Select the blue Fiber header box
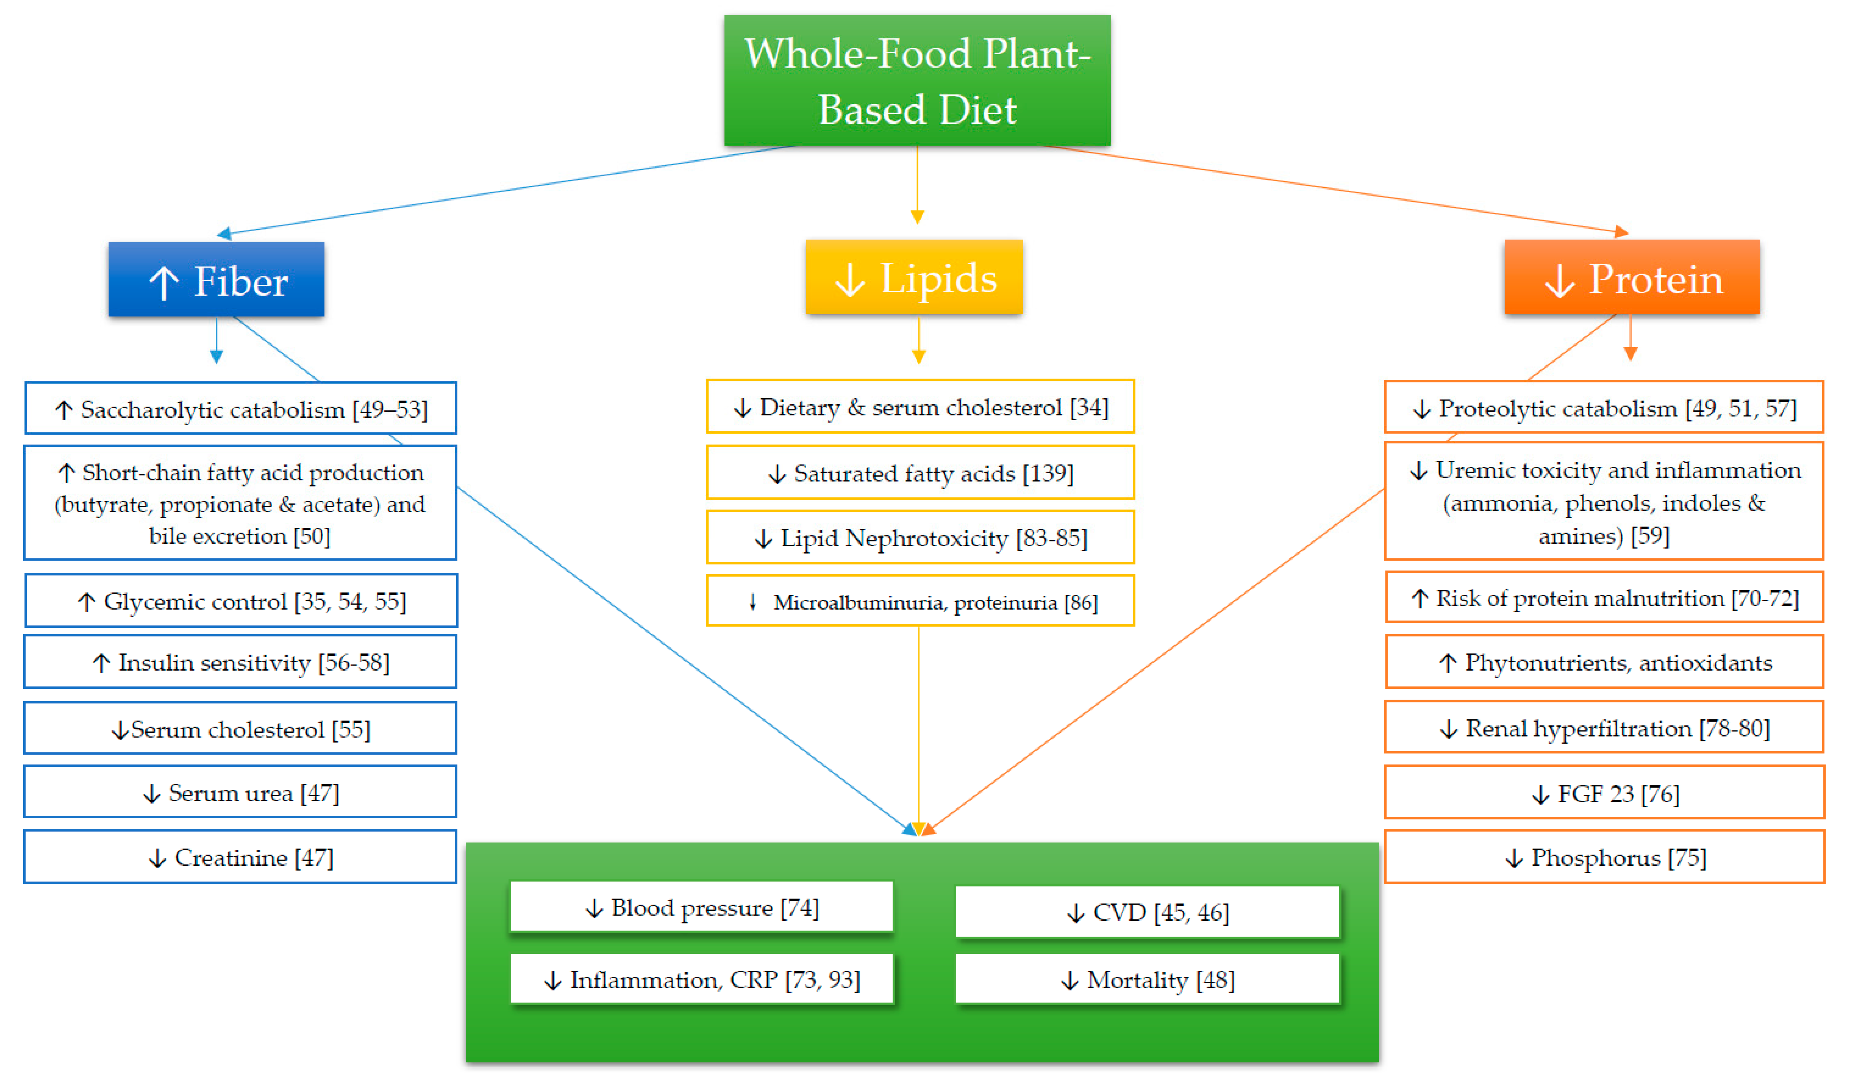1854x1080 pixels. [x=216, y=280]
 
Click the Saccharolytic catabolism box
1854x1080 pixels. [x=241, y=408]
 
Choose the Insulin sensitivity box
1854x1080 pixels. [x=241, y=662]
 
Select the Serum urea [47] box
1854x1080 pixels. [x=241, y=792]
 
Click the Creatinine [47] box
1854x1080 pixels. [x=241, y=857]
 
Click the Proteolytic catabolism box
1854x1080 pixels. [x=1604, y=408]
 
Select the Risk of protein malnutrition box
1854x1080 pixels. [x=1604, y=597]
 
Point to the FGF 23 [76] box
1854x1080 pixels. [x=1604, y=793]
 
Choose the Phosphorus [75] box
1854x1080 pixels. [x=1604, y=857]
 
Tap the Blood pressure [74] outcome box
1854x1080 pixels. [x=701, y=907]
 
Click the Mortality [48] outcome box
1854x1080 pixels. [x=1147, y=979]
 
